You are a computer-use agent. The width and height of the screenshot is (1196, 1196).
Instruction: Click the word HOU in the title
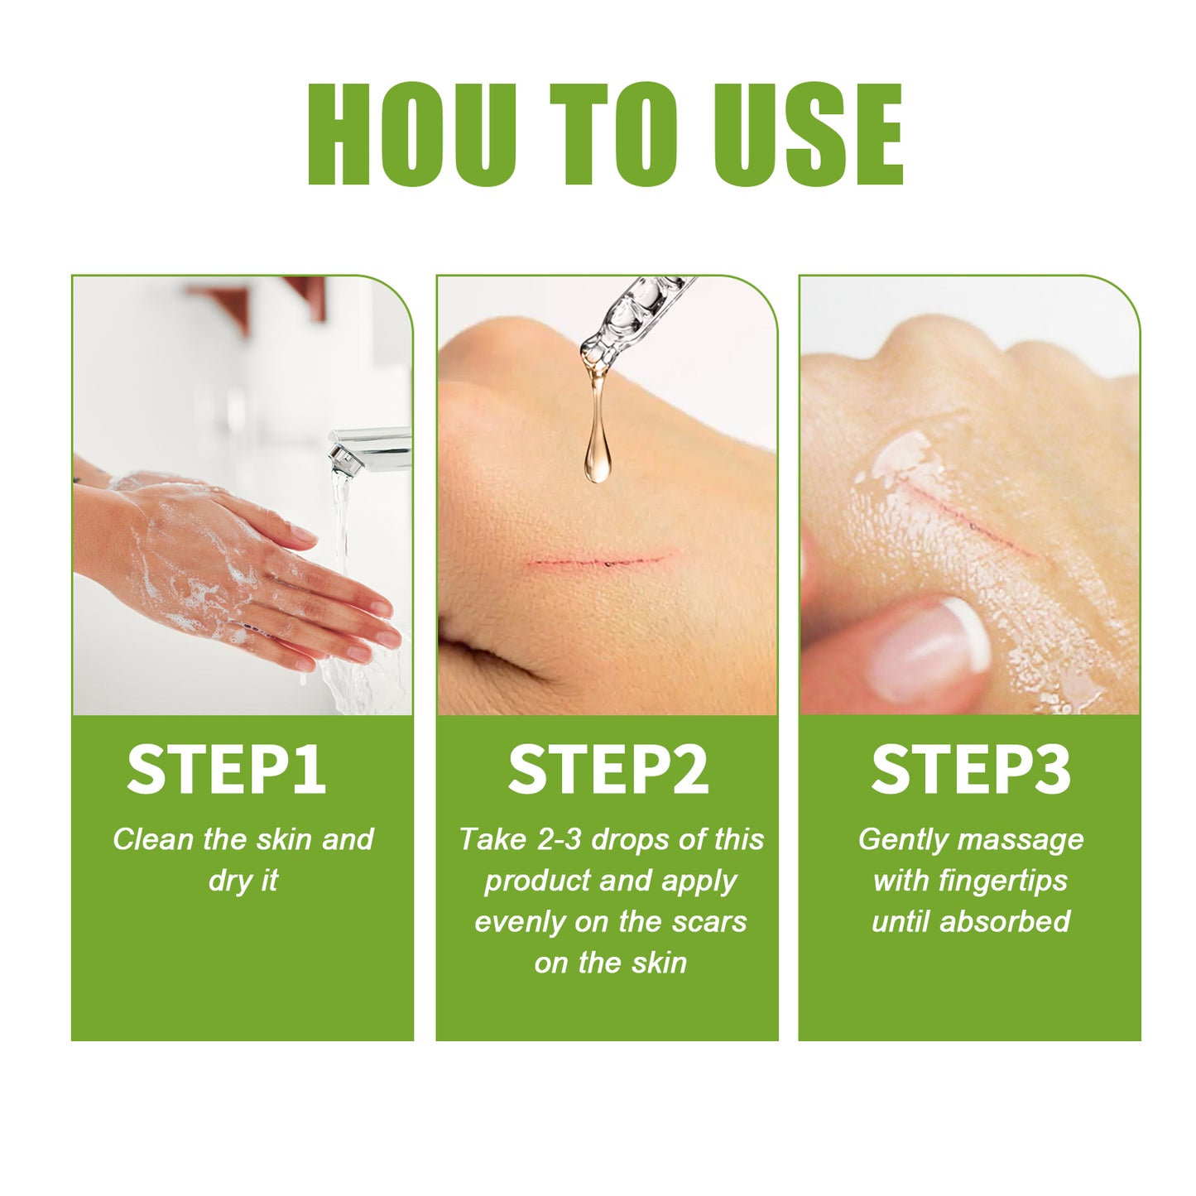tap(411, 134)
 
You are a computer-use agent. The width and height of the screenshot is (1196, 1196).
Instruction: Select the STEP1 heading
tap(226, 770)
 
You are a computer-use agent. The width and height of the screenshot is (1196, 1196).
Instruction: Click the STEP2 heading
tap(608, 770)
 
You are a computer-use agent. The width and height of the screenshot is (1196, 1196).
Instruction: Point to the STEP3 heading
tap(971, 770)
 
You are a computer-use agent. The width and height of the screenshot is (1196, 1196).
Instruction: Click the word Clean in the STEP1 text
tap(153, 839)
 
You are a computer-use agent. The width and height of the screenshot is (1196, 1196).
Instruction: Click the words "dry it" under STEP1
tap(243, 881)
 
